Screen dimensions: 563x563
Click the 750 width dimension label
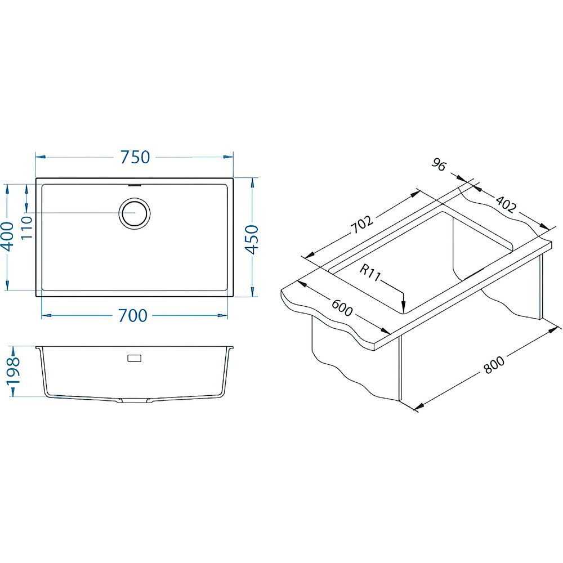coord(135,157)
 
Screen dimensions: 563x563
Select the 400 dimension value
coord(7,236)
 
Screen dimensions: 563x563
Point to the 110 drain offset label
coord(26,227)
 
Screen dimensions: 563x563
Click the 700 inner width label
coord(133,316)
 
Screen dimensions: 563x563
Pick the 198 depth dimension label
coord(14,371)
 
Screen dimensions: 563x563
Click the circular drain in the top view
coord(135,213)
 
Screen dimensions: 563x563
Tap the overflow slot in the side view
coord(135,358)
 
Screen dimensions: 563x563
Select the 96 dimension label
coord(439,165)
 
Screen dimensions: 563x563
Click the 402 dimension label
coord(506,204)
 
